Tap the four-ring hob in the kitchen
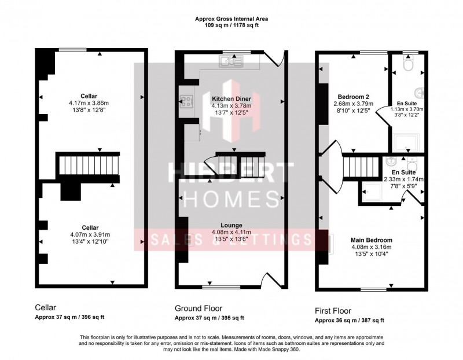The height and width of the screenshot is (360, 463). [186, 101]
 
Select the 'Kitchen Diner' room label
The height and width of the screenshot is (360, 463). [230, 99]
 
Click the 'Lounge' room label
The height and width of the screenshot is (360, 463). [230, 225]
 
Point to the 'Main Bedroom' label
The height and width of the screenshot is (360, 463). [371, 238]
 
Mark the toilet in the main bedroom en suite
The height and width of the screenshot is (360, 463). [410, 160]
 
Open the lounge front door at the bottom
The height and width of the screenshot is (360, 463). [272, 280]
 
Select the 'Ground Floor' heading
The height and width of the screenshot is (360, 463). [199, 308]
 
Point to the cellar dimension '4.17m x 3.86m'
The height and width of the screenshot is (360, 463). [89, 104]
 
